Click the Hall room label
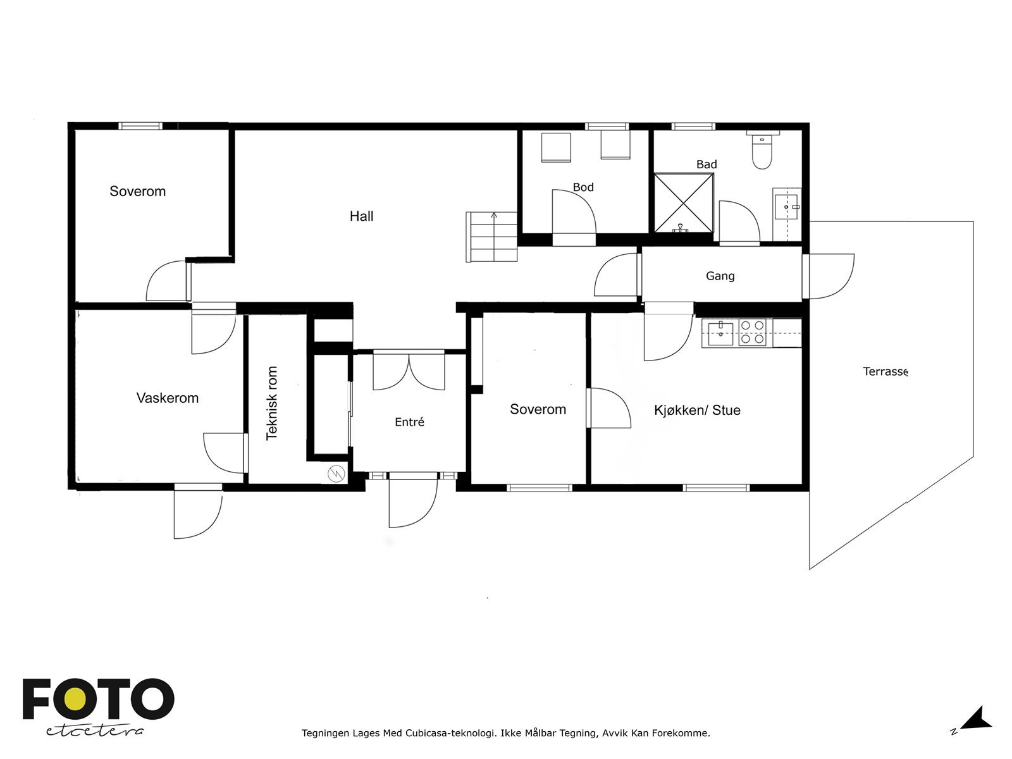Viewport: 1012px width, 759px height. pos(361,216)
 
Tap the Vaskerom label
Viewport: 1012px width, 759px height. pos(168,398)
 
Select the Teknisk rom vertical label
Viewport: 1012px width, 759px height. pos(272,403)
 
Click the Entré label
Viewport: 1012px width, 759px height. pos(409,422)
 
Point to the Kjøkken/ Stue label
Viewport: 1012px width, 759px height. pos(697,410)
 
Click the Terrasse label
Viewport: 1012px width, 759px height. pos(885,371)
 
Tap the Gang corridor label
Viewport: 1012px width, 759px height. pos(720,276)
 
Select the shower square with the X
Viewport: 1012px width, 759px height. pos(684,203)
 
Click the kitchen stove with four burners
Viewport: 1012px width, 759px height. pos(752,332)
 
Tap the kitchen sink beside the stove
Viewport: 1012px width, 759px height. pos(720,333)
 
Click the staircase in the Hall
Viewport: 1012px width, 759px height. pos(491,237)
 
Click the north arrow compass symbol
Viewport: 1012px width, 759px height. pos(977,718)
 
